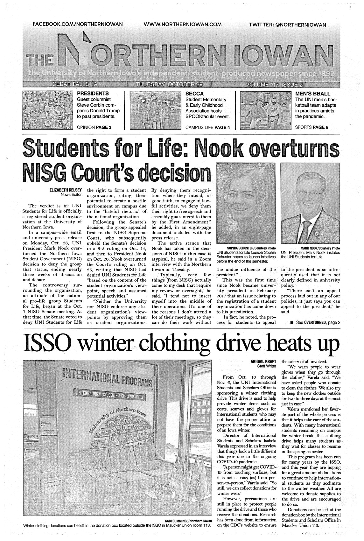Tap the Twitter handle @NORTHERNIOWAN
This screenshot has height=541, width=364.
tap(287, 25)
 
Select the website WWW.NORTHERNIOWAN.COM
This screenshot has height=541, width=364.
tap(183, 24)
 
